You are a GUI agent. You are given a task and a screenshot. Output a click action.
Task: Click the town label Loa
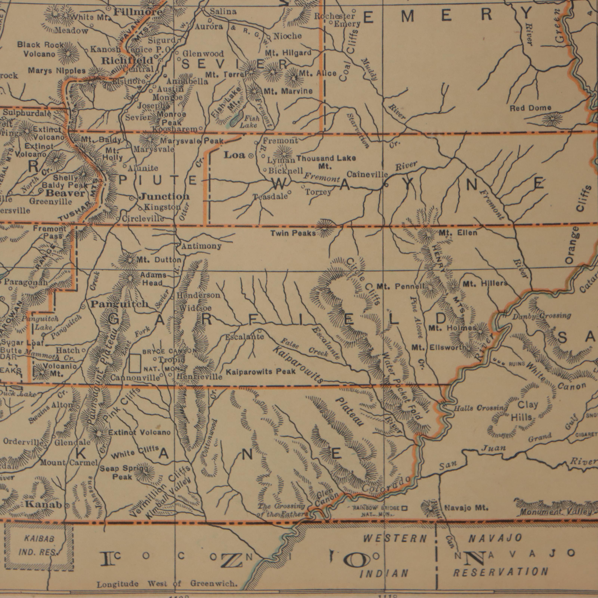point(235,155)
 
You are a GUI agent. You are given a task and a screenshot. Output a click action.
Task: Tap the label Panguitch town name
point(119,304)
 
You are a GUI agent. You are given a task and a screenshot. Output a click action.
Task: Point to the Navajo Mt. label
point(466,508)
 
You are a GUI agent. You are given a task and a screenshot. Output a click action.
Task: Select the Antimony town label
point(201,246)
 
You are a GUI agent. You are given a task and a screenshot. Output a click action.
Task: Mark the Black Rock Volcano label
point(40,50)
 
